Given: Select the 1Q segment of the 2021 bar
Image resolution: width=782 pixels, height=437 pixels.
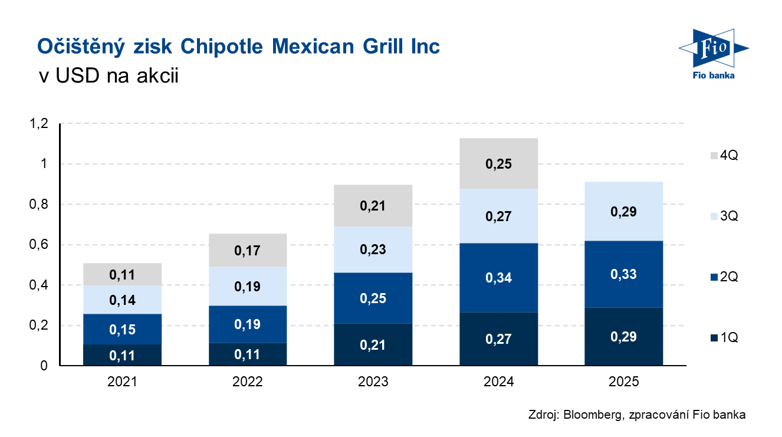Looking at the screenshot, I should point(122,354).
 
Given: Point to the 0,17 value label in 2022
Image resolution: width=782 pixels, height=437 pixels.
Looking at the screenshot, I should point(248,251).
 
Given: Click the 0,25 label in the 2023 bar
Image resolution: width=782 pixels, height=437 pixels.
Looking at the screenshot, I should point(373,298).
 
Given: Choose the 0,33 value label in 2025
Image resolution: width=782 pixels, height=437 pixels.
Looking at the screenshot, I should point(624,274).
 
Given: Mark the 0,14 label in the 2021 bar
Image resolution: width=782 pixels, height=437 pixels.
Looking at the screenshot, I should point(122,300).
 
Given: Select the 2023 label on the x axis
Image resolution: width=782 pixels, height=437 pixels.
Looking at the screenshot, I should point(373,382).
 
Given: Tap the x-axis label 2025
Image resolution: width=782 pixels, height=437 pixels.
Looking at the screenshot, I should point(624,382).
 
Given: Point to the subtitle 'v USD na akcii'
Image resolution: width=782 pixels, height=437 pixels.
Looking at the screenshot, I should point(107,75).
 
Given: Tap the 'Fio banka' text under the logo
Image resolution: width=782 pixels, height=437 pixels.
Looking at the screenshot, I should point(714,75).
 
